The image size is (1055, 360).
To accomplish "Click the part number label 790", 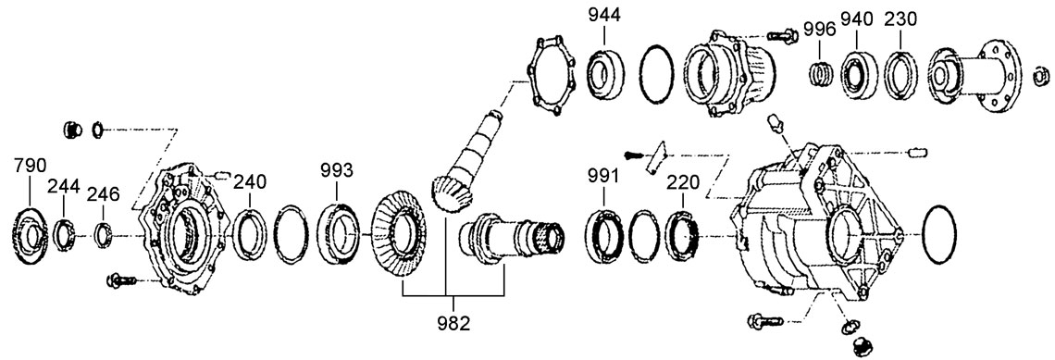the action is (x=31, y=167).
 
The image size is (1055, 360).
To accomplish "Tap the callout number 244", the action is (x=63, y=186).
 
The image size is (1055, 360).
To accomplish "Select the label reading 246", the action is (x=103, y=194).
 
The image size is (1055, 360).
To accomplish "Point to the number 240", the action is (x=250, y=181).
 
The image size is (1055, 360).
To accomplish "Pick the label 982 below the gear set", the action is (x=453, y=323).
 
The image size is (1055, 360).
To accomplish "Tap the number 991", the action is (x=602, y=177).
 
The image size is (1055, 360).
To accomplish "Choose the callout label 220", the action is (x=683, y=182).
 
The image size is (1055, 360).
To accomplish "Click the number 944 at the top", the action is (x=605, y=15).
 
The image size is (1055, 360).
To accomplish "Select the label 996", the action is (x=820, y=30).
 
